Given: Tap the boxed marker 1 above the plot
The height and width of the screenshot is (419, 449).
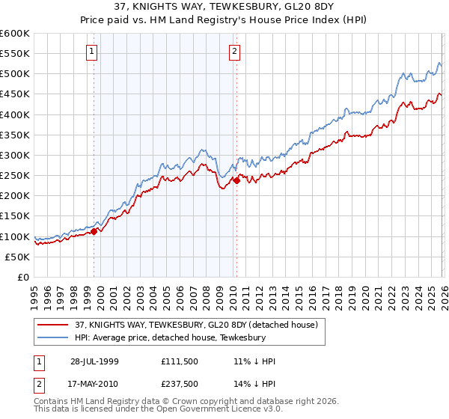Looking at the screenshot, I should [x=91, y=52].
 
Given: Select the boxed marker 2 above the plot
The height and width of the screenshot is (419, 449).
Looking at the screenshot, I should [x=234, y=52].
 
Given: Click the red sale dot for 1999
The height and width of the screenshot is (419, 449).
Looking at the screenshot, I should [x=94, y=232].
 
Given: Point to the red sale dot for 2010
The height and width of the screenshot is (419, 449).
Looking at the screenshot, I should [x=236, y=180].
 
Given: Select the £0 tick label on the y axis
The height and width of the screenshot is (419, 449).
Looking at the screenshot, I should [x=23, y=277].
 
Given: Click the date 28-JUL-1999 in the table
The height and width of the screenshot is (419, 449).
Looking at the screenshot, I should [x=94, y=361].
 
